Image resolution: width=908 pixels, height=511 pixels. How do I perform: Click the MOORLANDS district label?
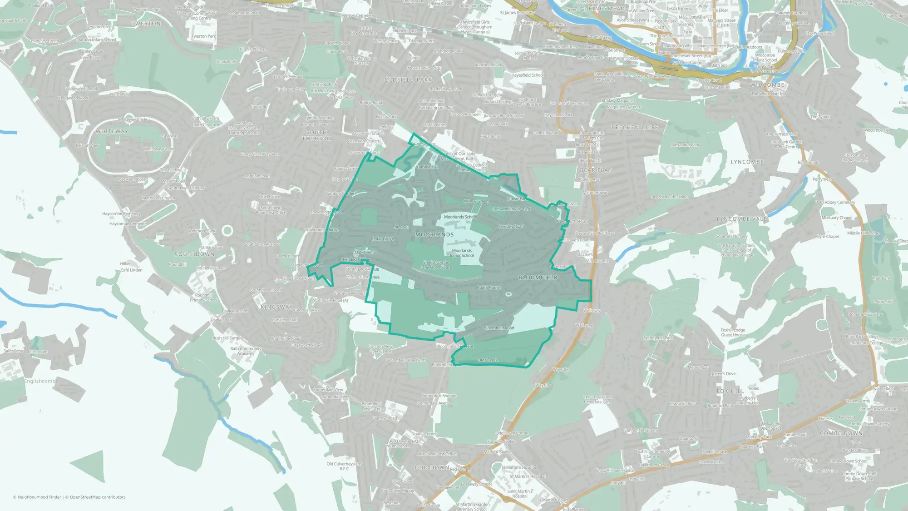pos(434,234)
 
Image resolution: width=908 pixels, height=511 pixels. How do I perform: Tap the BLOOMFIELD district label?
pos(538,277)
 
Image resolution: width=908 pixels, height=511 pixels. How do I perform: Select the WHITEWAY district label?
pos(112,131)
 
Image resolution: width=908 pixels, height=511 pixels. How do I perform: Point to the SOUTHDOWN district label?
pos(194,254)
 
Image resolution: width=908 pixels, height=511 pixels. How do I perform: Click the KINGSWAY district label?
pos(277,307)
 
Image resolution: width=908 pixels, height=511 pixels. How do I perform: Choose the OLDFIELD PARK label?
pos(408,80)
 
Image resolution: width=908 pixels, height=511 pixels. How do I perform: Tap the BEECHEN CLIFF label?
pos(635,128)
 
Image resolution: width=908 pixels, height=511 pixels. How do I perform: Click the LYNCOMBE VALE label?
pos(742,219)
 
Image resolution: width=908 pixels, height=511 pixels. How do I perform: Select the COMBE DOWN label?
pos(841,433)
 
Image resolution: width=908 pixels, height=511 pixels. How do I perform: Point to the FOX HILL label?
pos(730,391)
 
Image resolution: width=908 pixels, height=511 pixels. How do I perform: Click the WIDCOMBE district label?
pos(767,85)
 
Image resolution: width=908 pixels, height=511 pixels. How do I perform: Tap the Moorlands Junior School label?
pos(462,253)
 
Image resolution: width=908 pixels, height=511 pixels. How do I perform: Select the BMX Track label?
pos(488,360)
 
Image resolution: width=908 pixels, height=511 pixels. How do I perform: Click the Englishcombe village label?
pos(41,381)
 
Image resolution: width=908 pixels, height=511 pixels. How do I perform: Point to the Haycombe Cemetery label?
pos(121,214)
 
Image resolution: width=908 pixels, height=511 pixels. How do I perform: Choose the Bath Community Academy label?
pos(246,351)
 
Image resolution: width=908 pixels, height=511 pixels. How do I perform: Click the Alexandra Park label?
pos(685,145)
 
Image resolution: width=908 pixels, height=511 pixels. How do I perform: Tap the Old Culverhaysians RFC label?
pos(344,466)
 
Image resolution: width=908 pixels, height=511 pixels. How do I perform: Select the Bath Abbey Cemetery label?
pos(835,203)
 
